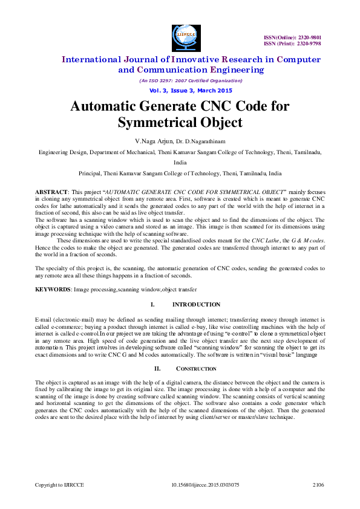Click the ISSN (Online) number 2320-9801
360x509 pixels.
tap(308, 38)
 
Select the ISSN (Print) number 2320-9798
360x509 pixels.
tap(309, 44)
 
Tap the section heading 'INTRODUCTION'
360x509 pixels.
tap(197, 305)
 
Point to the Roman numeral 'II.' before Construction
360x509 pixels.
tap(157, 369)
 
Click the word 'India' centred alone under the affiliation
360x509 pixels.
tap(180, 163)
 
